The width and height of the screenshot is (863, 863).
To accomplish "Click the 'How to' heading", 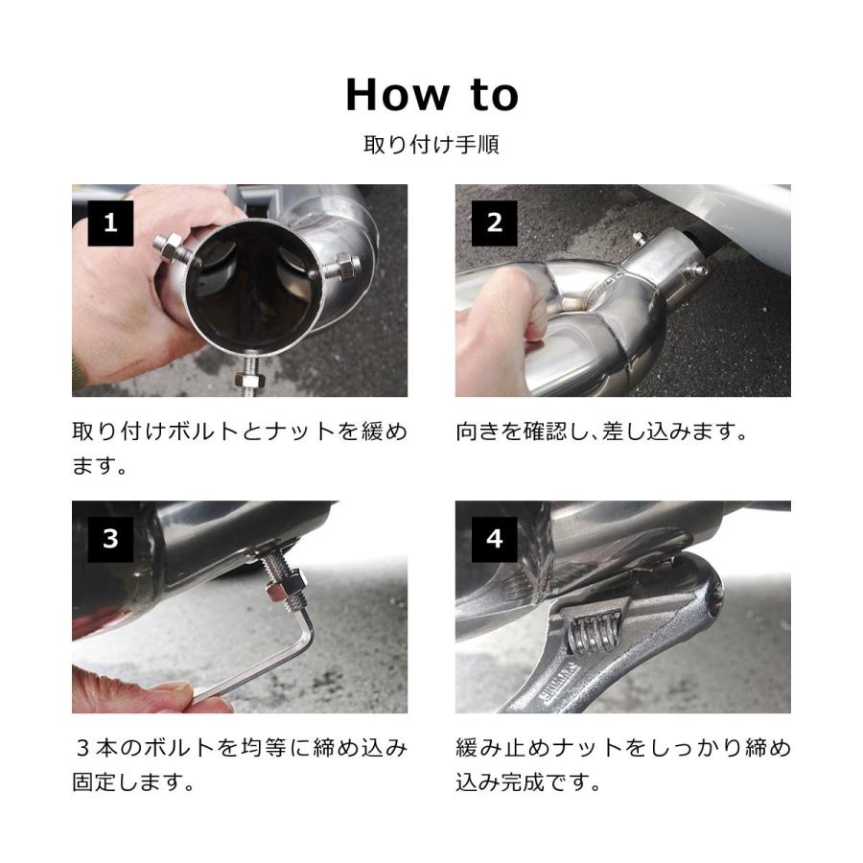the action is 431,95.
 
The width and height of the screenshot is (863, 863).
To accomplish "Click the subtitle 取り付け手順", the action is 431,145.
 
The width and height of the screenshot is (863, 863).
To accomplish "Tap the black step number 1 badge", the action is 110,222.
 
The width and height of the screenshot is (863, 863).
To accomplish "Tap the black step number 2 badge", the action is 494,222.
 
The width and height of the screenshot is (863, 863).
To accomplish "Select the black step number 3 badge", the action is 110,539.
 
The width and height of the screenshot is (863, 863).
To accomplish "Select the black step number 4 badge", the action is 494,539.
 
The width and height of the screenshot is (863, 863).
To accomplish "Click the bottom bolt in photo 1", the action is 250,375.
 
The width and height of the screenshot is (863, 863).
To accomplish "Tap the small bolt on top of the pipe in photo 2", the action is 639,238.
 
